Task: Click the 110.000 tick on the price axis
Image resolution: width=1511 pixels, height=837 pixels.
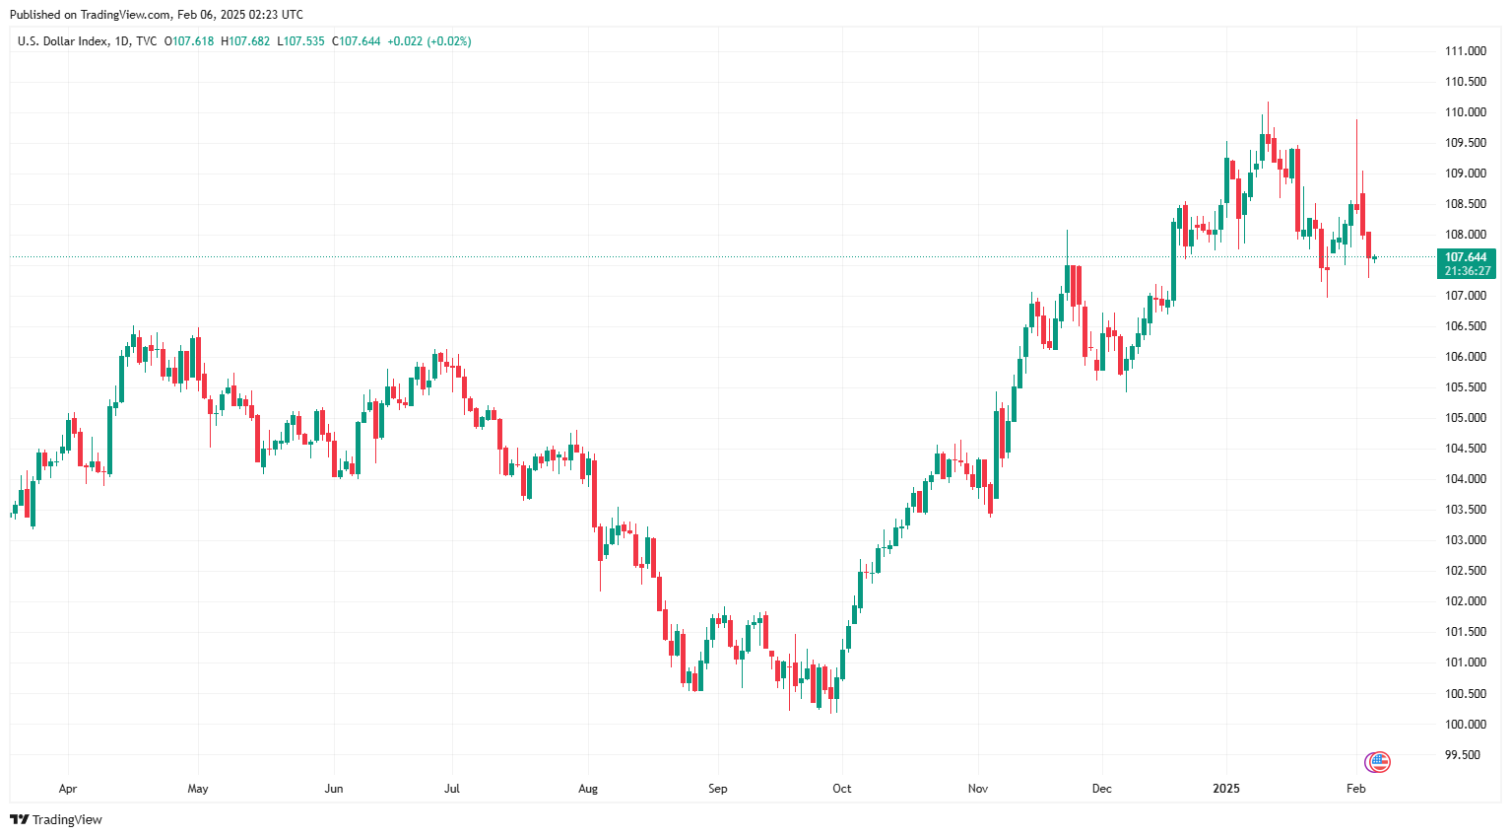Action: click(1465, 112)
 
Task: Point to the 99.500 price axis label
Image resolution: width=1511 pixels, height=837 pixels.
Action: click(1462, 755)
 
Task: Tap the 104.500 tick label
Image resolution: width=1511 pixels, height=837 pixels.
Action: click(1465, 449)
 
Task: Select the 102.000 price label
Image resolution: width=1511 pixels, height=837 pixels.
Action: click(1465, 601)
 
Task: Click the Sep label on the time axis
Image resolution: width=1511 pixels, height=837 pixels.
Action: click(718, 789)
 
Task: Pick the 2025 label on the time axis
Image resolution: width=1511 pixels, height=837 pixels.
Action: click(1226, 789)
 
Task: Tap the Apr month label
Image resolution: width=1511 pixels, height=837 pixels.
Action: click(68, 789)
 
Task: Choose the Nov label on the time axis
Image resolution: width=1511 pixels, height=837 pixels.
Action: click(978, 789)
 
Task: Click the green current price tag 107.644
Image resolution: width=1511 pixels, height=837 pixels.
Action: click(1466, 257)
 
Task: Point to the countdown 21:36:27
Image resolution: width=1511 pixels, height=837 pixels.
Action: click(1467, 271)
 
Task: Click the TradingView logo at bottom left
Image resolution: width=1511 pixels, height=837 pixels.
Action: click(56, 819)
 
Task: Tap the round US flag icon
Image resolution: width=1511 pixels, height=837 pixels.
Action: click(1378, 761)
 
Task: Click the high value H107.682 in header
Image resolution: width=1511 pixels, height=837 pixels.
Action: click(245, 41)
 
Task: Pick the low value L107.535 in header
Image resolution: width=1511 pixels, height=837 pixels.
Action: click(300, 41)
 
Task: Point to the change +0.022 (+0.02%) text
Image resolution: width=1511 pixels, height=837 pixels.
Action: click(428, 41)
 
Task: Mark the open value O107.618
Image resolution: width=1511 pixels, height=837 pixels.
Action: click(189, 41)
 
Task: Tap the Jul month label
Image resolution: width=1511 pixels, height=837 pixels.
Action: click(452, 789)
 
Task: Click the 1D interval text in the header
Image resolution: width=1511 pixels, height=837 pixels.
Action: click(122, 41)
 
